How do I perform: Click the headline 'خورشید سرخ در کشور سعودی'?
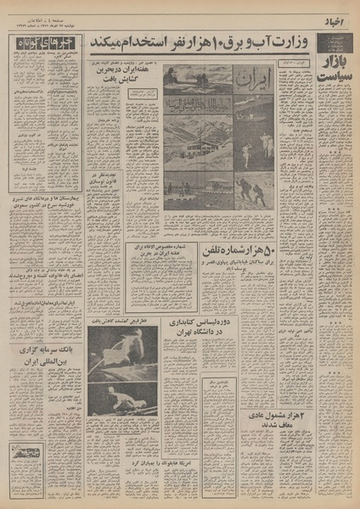click(x=46, y=234)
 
